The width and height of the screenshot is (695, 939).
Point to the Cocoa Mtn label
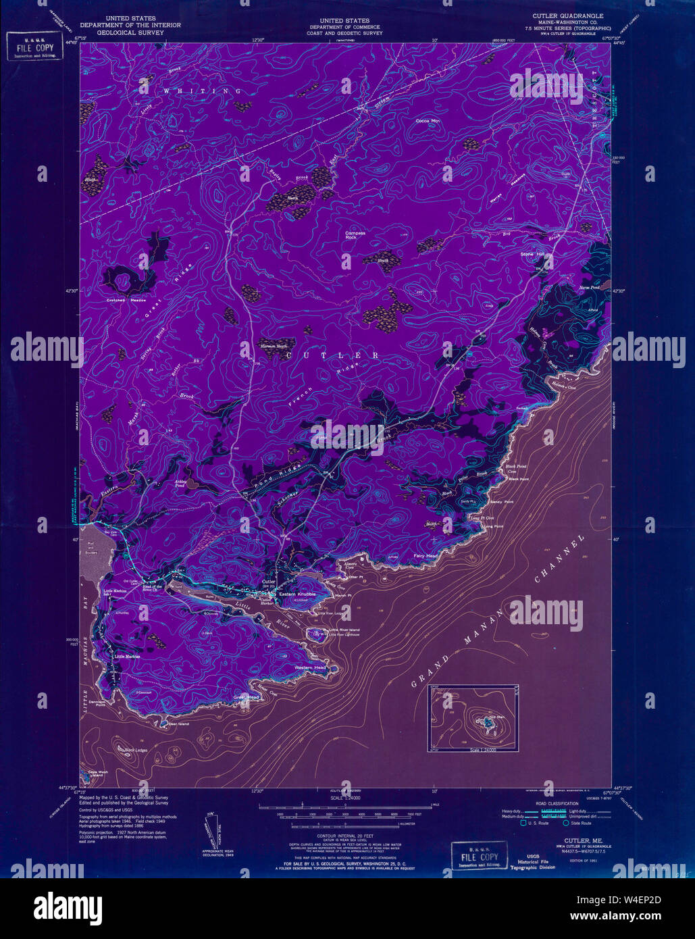pyautogui.click(x=428, y=121)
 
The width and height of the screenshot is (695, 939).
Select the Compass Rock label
pyautogui.click(x=355, y=235)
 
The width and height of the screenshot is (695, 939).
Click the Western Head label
pyautogui.click(x=310, y=667)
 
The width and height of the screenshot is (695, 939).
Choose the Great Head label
pyautogui.click(x=247, y=697)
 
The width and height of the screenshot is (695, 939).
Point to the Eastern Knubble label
pyautogui.click(x=297, y=594)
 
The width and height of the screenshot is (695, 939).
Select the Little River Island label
pyautogui.click(x=344, y=630)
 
